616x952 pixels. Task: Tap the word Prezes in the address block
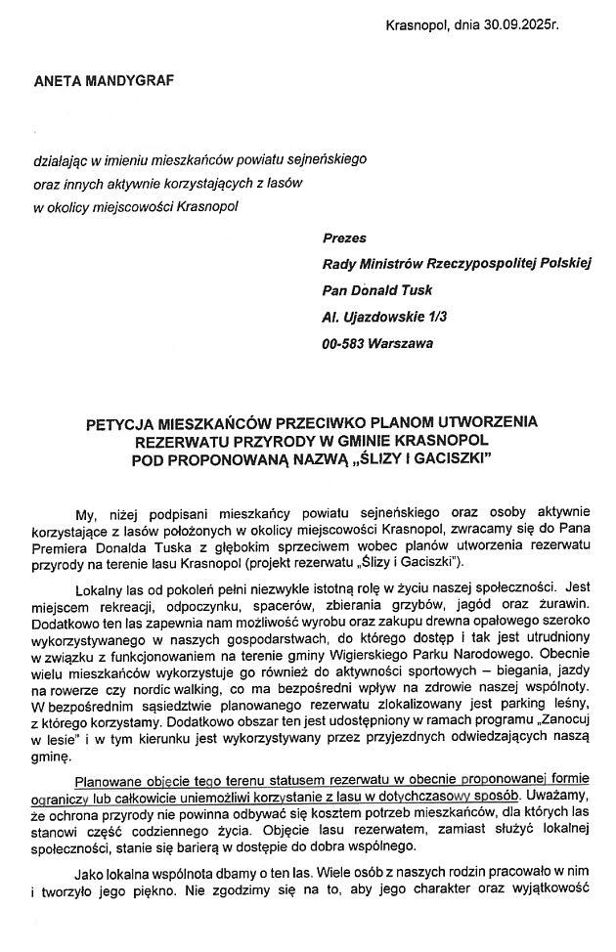344,237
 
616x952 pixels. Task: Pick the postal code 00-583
345,343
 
